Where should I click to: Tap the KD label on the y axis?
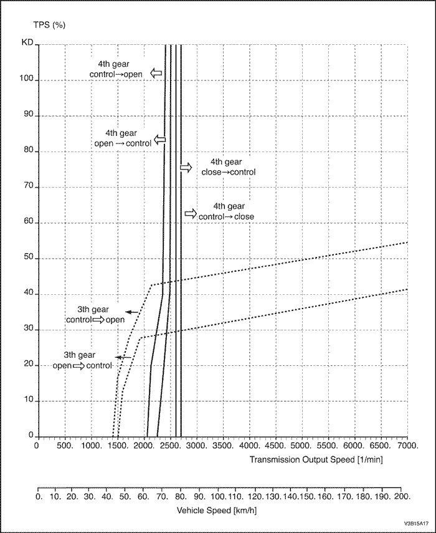[x=26, y=45]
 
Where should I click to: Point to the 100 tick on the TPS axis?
[x=26, y=80]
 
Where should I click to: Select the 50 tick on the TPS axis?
[x=27, y=258]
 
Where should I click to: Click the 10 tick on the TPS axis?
[x=27, y=400]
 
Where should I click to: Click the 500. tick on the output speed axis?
[x=65, y=446]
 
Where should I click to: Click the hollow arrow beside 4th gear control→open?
[x=156, y=74]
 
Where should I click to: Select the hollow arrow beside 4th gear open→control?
[x=160, y=140]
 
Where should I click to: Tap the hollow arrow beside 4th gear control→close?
[x=190, y=213]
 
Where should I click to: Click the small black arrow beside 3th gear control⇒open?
[x=131, y=311]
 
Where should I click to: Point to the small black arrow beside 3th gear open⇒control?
[x=122, y=357]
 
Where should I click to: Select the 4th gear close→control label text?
[x=229, y=167]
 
